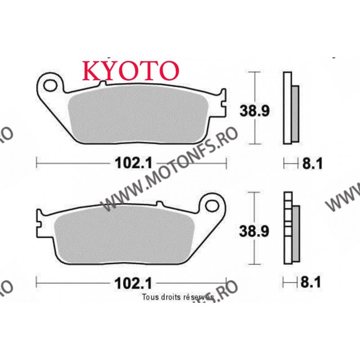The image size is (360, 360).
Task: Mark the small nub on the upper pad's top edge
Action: pos(103,83)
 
